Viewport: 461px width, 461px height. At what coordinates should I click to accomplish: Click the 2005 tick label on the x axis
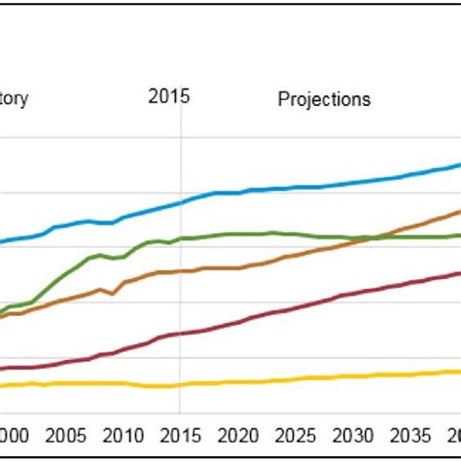[65, 435]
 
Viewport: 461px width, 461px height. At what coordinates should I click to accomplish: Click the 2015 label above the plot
[169, 96]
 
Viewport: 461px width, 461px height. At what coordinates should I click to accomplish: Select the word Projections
[324, 99]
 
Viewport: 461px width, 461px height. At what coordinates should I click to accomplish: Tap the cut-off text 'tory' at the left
[16, 99]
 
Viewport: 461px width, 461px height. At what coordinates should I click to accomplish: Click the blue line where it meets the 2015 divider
[180, 203]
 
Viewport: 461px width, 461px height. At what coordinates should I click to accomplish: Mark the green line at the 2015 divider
[180, 238]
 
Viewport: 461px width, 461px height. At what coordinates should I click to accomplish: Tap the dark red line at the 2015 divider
[180, 333]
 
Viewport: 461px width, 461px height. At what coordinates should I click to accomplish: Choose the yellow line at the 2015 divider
[180, 385]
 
